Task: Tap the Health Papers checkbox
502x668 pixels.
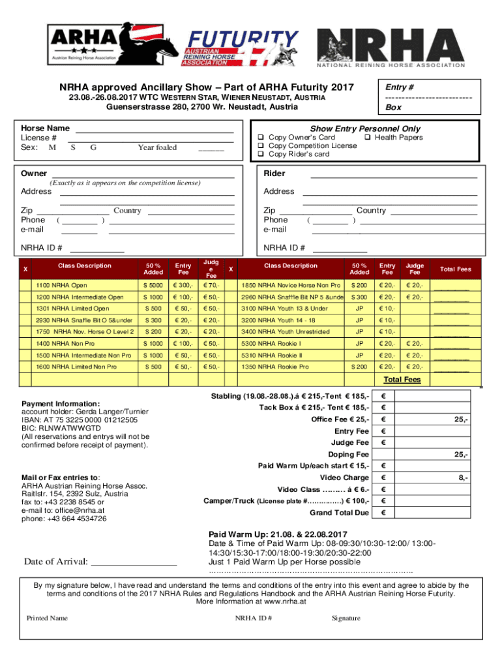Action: [368, 138]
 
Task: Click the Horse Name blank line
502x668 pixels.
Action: [155, 130]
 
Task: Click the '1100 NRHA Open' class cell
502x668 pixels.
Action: [61, 286]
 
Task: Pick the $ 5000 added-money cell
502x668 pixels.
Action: [154, 286]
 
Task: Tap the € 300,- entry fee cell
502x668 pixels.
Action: [183, 286]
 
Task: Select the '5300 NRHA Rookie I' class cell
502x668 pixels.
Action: [271, 344]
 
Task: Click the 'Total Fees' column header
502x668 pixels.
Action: [455, 269]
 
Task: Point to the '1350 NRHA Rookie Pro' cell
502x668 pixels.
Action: [278, 367]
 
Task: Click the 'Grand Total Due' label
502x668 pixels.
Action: [342, 513]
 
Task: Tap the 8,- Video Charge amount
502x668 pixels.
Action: [462, 478]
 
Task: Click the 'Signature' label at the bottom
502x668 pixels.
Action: [346, 618]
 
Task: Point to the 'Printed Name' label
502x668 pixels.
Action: [47, 618]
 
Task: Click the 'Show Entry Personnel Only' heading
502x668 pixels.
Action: [365, 129]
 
